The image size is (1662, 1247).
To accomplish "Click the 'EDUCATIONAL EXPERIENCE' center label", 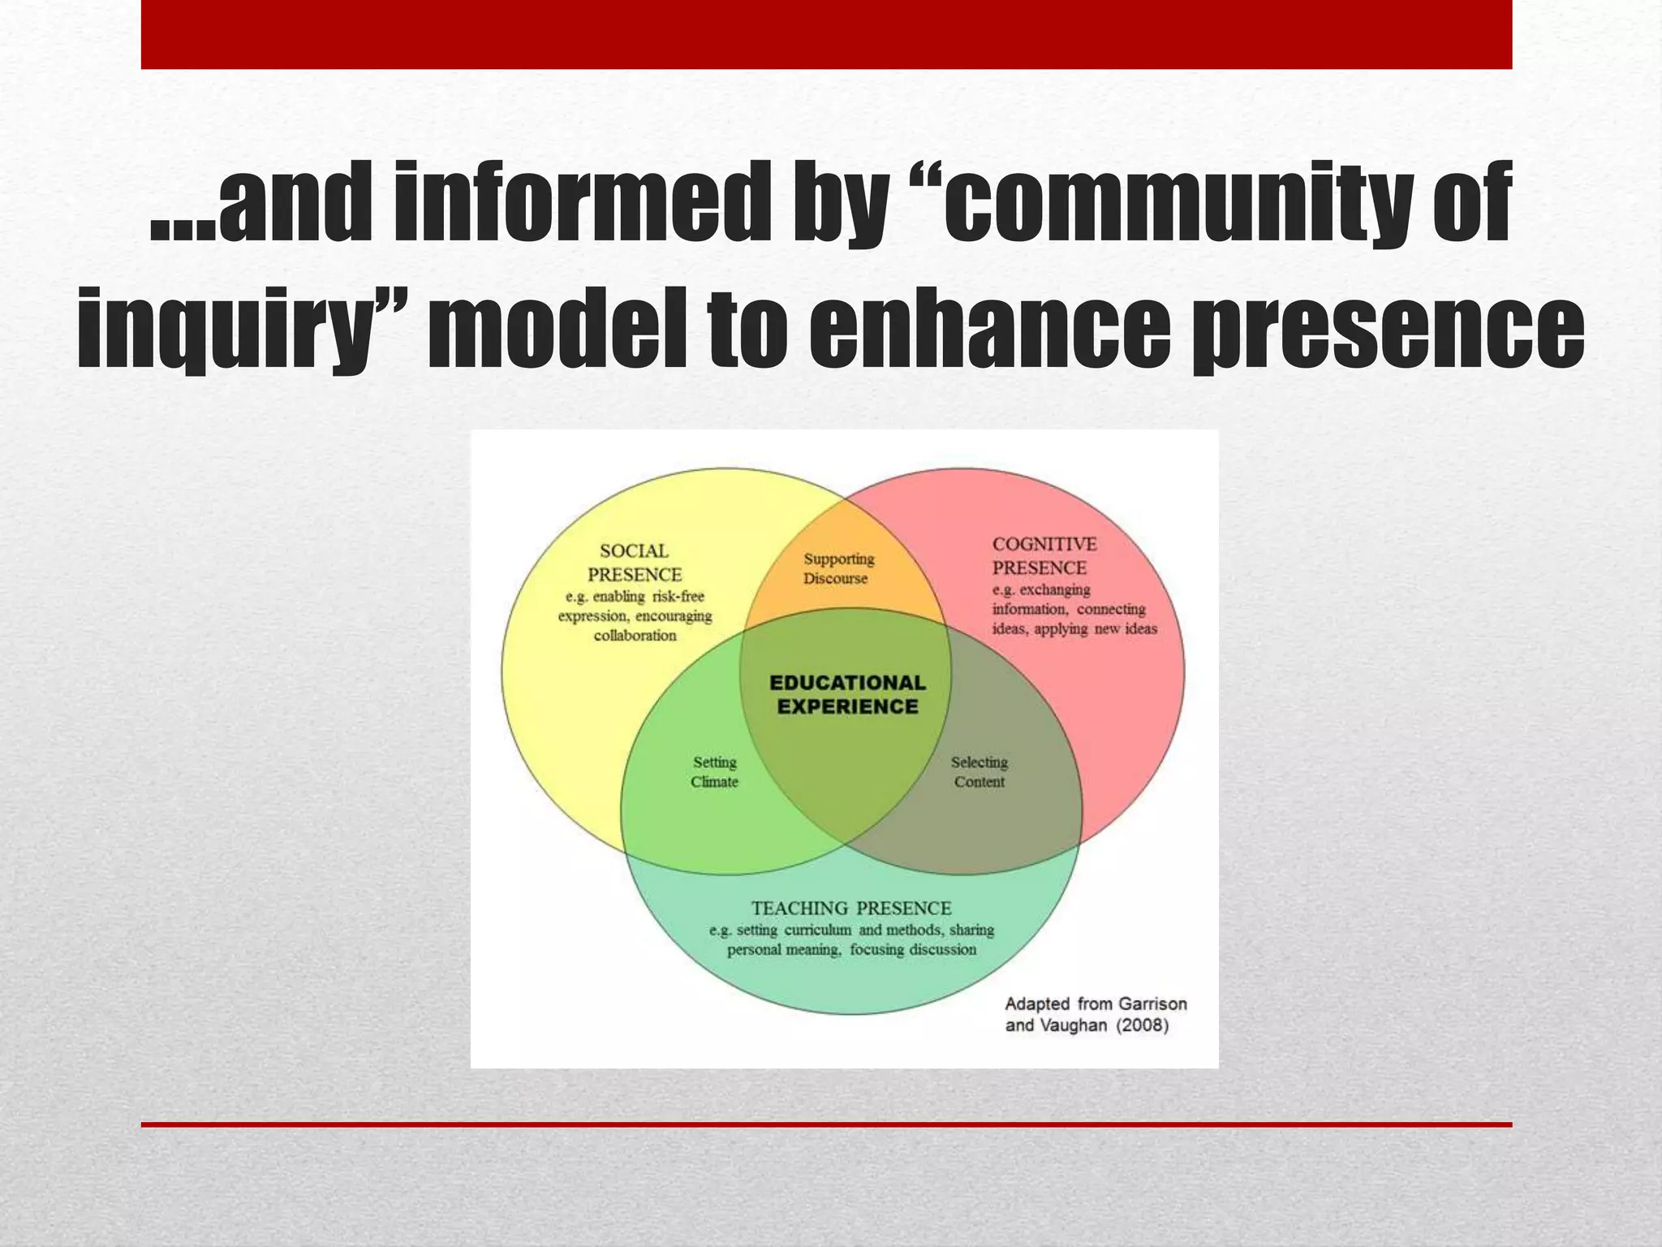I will coord(847,695).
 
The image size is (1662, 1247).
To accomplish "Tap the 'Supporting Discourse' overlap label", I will coord(838,568).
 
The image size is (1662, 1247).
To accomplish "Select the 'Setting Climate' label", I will coord(714,772).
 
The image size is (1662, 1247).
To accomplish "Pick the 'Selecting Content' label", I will coord(979,772).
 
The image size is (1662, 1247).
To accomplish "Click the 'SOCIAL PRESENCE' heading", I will coord(635,563).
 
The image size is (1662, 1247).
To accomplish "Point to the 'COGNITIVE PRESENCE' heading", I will coord(1044,555).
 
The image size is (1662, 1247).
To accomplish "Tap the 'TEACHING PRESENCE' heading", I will coord(850,908).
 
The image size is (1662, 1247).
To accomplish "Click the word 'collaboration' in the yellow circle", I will coord(635,636).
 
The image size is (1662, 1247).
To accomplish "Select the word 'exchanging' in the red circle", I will coord(1054,590).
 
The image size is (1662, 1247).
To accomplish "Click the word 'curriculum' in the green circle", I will coord(817,930).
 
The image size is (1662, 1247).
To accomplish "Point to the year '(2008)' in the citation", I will coord(1143,1025).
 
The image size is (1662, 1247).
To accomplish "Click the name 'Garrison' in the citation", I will coord(1152,1004).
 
